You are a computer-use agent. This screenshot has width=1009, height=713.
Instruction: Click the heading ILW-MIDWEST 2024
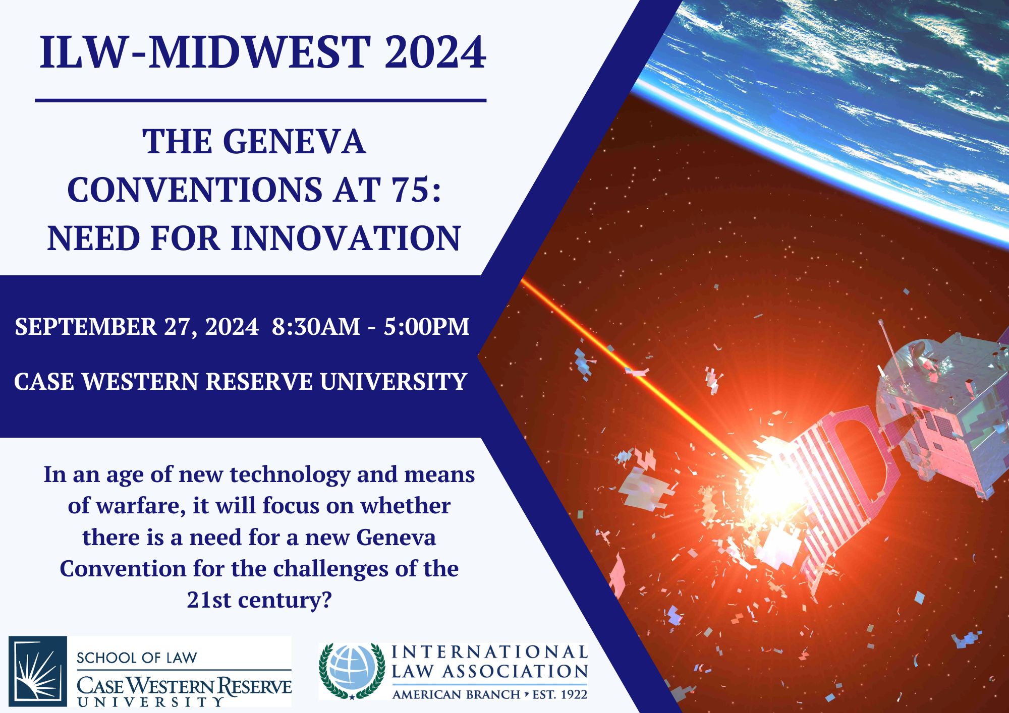(x=263, y=53)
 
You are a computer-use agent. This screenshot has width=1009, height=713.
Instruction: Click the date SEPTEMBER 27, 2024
(x=137, y=327)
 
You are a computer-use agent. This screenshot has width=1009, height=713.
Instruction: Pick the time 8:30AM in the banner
(x=316, y=327)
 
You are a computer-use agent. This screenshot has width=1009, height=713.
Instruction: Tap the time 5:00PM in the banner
(x=426, y=327)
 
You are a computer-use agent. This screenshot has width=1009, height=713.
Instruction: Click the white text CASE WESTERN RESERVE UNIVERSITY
(x=241, y=381)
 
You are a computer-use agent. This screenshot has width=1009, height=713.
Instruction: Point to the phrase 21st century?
(x=259, y=600)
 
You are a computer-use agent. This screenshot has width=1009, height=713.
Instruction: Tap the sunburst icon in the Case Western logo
(x=38, y=671)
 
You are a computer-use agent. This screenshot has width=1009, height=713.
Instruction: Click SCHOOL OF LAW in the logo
(x=137, y=658)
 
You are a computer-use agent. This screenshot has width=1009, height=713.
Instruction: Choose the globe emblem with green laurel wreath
(x=352, y=671)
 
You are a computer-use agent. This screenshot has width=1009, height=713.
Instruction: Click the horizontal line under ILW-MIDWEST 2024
(x=261, y=100)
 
